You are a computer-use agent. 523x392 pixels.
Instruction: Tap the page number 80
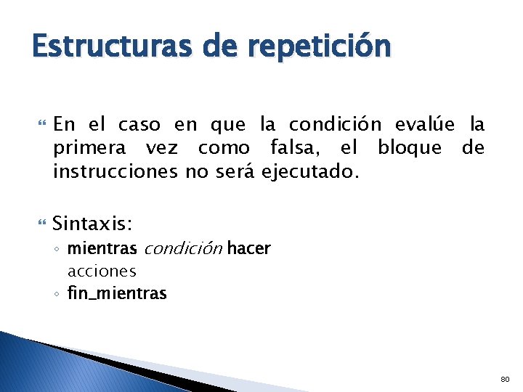(506, 379)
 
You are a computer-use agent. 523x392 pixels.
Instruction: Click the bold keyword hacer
(248, 249)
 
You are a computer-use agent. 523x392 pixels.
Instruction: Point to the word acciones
(102, 271)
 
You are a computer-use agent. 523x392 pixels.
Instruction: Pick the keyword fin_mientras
(117, 293)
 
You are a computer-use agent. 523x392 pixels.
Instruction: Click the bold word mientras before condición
(102, 249)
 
